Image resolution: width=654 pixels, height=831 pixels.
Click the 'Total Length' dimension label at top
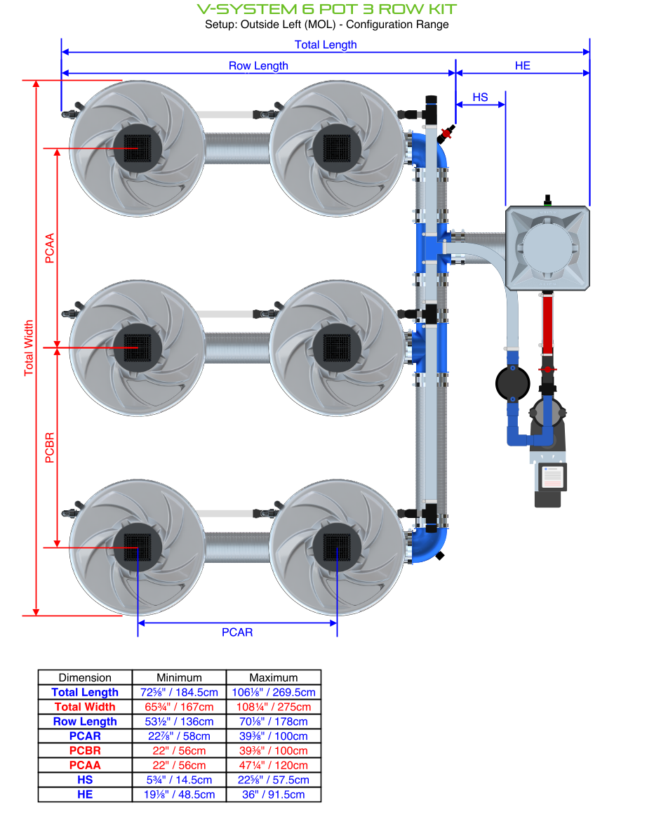tap(326, 45)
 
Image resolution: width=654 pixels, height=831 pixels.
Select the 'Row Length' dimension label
tap(258, 66)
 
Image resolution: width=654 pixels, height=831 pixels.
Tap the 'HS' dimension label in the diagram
tap(480, 98)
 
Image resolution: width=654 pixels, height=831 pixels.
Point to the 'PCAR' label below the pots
tap(237, 632)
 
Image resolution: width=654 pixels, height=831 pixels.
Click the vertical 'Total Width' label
tap(29, 348)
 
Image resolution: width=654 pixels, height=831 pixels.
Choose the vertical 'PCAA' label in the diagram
tap(50, 248)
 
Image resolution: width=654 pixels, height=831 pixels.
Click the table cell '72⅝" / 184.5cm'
tap(179, 693)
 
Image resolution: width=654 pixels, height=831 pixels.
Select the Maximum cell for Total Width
tap(274, 707)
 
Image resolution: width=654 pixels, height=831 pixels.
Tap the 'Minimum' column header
tap(179, 678)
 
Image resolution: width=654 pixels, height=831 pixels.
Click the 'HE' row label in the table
tap(85, 795)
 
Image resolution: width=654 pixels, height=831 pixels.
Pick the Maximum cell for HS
tap(274, 780)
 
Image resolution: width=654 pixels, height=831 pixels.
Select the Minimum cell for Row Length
tap(179, 722)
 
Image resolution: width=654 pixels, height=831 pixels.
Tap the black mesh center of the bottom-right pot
tap(337, 547)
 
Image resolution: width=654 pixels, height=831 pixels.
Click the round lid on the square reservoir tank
tap(548, 248)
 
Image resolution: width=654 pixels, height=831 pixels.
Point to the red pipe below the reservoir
tap(547, 323)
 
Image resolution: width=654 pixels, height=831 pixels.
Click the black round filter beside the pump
tap(513, 383)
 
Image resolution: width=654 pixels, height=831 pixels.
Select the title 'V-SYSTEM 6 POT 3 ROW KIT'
tap(327, 9)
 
